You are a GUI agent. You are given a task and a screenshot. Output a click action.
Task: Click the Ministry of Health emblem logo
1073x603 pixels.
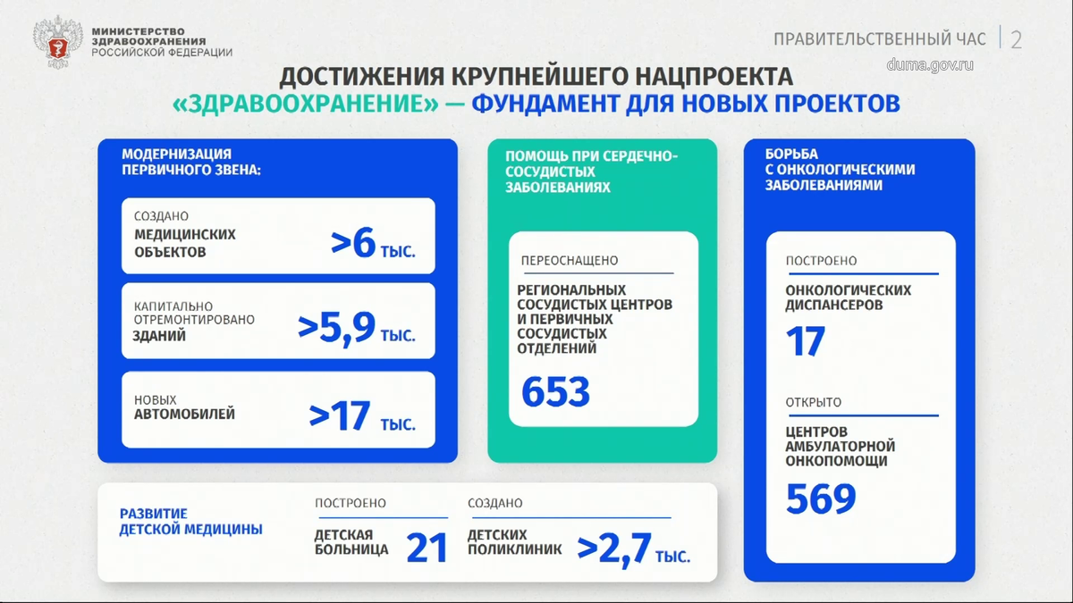pyautogui.click(x=58, y=41)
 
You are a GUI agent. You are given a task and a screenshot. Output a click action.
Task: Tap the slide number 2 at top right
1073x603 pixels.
pyautogui.click(x=1016, y=39)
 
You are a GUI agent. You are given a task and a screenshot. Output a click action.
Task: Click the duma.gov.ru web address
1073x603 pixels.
pyautogui.click(x=930, y=64)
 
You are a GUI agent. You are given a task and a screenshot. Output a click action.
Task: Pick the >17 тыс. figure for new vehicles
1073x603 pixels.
pyautogui.click(x=362, y=415)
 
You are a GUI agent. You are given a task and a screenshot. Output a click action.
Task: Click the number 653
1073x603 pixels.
pyautogui.click(x=555, y=391)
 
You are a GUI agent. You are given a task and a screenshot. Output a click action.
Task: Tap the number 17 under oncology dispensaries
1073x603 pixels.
pyautogui.click(x=806, y=341)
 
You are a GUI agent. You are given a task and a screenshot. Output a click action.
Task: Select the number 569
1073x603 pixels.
pyautogui.click(x=821, y=499)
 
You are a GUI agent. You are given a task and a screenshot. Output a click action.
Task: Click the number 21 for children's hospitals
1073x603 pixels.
pyautogui.click(x=427, y=548)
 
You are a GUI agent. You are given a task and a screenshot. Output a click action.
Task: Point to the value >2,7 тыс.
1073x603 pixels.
pyautogui.click(x=633, y=548)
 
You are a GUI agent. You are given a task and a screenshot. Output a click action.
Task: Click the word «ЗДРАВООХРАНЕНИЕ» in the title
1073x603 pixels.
pyautogui.click(x=306, y=105)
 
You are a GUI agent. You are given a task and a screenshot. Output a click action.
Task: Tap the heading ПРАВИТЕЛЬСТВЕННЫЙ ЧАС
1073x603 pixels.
pyautogui.click(x=880, y=39)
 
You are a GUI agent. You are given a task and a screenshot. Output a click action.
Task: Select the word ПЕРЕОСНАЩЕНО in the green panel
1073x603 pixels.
pyautogui.click(x=570, y=261)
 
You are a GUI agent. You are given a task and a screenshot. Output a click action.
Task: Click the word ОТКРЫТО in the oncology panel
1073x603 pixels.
pyautogui.click(x=814, y=402)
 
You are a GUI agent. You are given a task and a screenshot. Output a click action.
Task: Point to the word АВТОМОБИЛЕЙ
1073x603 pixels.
pyautogui.click(x=184, y=415)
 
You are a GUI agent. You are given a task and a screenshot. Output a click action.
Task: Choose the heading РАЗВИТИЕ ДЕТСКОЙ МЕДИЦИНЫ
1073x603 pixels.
pyautogui.click(x=191, y=522)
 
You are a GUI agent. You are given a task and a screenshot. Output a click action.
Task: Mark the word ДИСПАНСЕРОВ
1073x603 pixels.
pyautogui.click(x=834, y=305)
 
